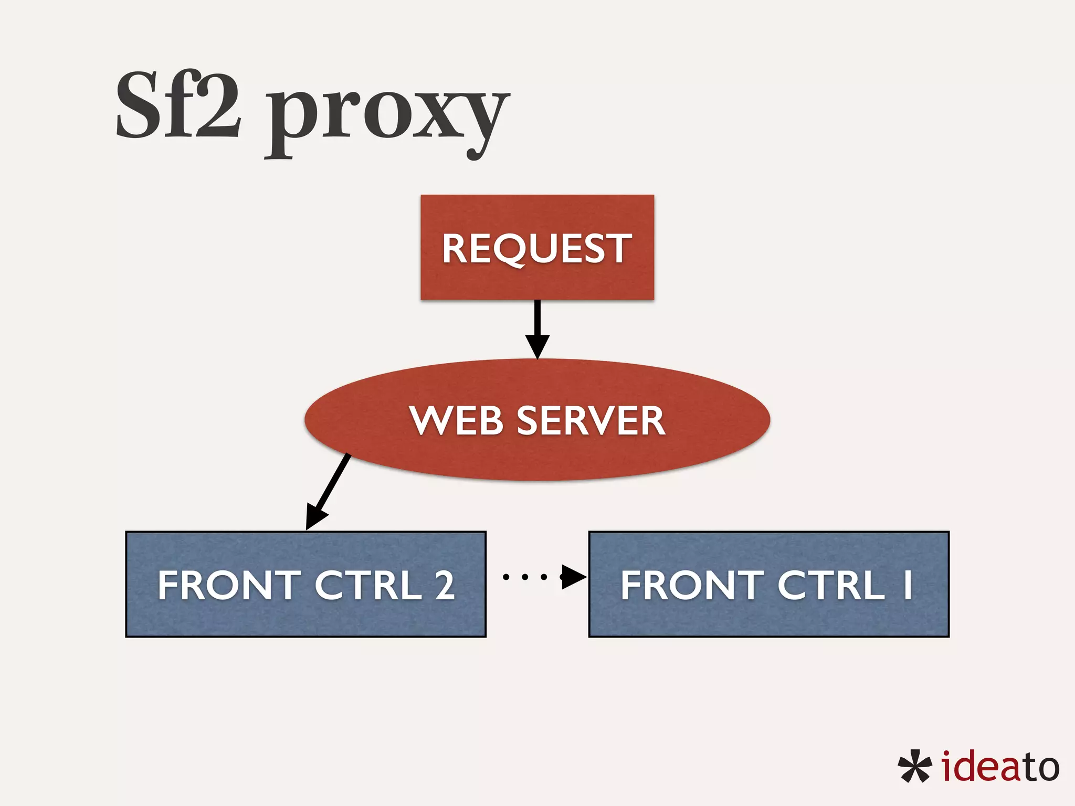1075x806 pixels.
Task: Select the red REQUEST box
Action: (537, 247)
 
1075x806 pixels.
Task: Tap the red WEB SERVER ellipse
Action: (537, 457)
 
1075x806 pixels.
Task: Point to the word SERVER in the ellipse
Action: (591, 420)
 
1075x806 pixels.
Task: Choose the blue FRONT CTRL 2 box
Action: (305, 619)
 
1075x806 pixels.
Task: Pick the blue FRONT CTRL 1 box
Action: (768, 619)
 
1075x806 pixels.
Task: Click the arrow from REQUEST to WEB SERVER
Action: (537, 325)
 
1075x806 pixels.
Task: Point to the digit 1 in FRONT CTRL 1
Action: (907, 585)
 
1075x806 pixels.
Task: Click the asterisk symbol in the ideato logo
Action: (914, 767)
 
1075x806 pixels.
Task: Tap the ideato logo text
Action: (1000, 767)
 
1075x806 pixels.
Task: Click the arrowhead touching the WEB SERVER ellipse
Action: (537, 346)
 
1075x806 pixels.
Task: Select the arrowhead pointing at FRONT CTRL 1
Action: (573, 577)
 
